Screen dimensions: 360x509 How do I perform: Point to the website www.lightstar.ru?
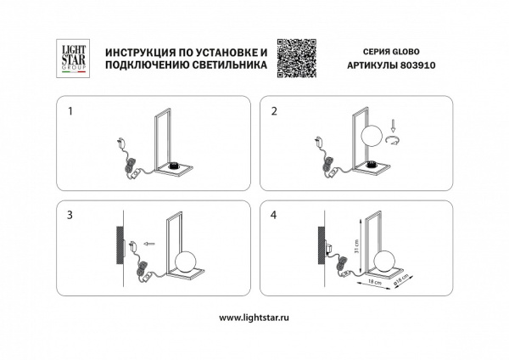pos(255,318)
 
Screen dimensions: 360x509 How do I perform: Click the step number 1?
pos(70,110)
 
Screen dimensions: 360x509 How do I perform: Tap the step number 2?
pos(273,110)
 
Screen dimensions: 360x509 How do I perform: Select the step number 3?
pos(70,216)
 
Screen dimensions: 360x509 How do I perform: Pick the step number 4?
pos(273,216)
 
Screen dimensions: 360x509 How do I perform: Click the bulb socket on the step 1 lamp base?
pos(177,166)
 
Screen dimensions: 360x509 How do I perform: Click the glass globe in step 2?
pos(373,137)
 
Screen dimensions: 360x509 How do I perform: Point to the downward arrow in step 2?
pos(393,127)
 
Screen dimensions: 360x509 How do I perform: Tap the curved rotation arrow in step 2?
pos(393,142)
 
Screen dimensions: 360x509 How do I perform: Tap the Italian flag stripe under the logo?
pos(68,73)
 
